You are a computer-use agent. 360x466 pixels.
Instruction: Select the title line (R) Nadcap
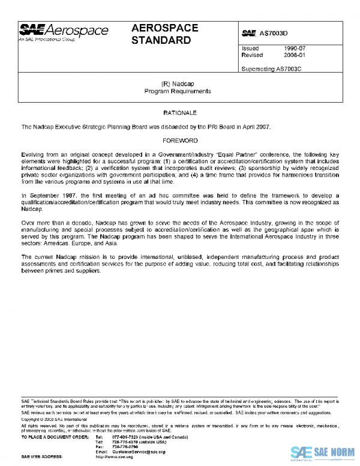[x=178, y=84]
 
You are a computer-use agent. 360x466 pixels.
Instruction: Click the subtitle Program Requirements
[x=178, y=91]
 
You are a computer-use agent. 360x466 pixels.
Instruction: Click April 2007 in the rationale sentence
[x=256, y=127]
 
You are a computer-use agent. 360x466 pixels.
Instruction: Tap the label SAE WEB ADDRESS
[x=42, y=456]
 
